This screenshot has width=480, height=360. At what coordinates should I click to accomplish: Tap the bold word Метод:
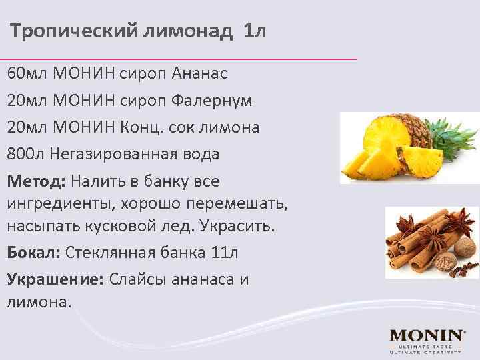click(x=36, y=181)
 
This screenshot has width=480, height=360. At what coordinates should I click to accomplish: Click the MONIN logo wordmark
click(x=427, y=335)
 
